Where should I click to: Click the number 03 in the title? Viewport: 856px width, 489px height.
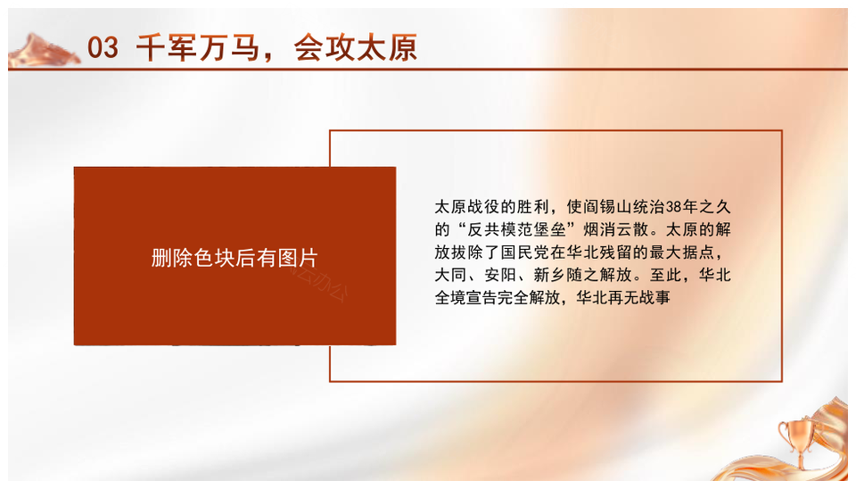click(x=103, y=47)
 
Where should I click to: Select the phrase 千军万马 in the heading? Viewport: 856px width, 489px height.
click(x=198, y=47)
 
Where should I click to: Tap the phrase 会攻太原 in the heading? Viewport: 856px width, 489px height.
click(x=356, y=47)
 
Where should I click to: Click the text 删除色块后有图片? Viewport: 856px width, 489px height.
click(x=235, y=258)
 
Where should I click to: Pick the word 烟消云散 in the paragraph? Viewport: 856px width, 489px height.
click(x=616, y=229)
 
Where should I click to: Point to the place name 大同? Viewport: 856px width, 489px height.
click(x=451, y=275)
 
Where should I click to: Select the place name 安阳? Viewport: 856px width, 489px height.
click(x=500, y=275)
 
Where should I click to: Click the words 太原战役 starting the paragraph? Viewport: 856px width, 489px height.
click(x=467, y=206)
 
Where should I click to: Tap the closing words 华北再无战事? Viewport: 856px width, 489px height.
click(x=623, y=298)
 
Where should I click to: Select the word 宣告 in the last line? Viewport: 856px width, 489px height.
click(x=483, y=298)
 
